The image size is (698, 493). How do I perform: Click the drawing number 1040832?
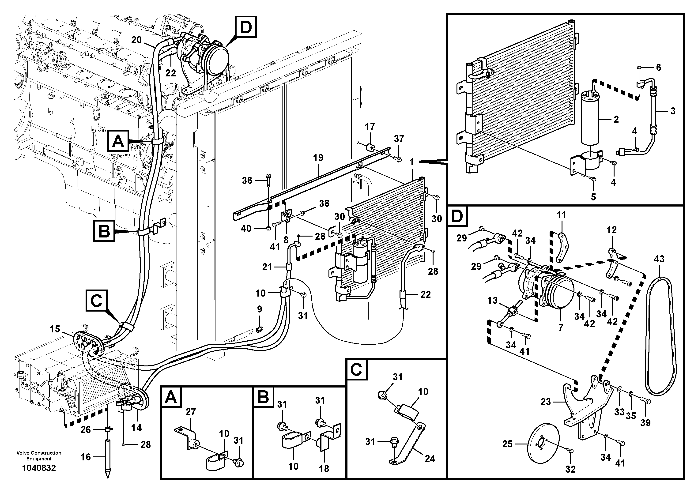pyautogui.click(x=39, y=468)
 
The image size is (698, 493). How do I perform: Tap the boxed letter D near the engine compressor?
pyautogui.click(x=246, y=28)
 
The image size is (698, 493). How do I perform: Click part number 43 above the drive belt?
pyautogui.click(x=659, y=259)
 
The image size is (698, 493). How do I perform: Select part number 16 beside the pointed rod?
pyautogui.click(x=85, y=457)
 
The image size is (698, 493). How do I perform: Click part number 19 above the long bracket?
pyautogui.click(x=318, y=158)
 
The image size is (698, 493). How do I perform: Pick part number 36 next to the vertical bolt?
pyautogui.click(x=247, y=181)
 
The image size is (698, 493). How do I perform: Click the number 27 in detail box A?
pyautogui.click(x=191, y=412)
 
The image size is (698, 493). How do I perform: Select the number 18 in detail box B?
pyautogui.click(x=324, y=469)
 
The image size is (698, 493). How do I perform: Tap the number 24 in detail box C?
pyautogui.click(x=430, y=458)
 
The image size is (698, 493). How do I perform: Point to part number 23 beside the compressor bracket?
pyautogui.click(x=545, y=402)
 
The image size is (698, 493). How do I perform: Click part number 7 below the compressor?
pyautogui.click(x=561, y=327)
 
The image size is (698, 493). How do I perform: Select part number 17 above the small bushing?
pyautogui.click(x=370, y=126)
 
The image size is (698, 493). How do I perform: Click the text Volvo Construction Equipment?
pyautogui.click(x=39, y=456)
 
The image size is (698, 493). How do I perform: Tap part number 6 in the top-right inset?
pyautogui.click(x=658, y=68)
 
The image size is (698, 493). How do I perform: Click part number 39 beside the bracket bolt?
pyautogui.click(x=645, y=422)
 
